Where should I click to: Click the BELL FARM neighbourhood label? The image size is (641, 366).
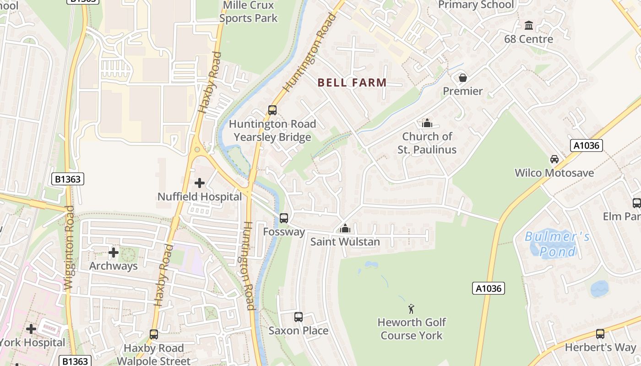tap(352, 83)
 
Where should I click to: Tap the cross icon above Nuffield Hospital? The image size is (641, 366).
tap(200, 183)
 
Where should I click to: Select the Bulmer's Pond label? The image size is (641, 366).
tap(557, 244)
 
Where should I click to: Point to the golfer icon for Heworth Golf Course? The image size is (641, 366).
tap(411, 309)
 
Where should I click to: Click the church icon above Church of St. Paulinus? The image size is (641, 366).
tap(427, 123)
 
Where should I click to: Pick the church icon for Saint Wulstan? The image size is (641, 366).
tap(345, 228)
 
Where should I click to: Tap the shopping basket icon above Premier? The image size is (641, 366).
tap(463, 78)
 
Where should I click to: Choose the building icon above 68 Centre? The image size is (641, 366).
tap(529, 25)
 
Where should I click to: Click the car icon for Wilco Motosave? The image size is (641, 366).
tap(554, 159)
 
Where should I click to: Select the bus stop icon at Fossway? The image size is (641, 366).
tap(284, 218)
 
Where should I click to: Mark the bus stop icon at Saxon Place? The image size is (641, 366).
tap(299, 317)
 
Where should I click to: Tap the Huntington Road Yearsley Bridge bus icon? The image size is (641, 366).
tap(272, 110)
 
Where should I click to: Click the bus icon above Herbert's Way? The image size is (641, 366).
tap(600, 334)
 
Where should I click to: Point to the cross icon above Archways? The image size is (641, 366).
tap(114, 252)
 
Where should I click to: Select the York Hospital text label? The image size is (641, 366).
tap(32, 343)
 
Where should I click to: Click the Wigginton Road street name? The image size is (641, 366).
tap(69, 248)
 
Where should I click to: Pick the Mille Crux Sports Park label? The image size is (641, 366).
tap(249, 12)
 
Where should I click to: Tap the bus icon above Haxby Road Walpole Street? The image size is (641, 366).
tap(154, 334)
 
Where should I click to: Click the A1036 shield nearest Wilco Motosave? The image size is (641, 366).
tap(586, 145)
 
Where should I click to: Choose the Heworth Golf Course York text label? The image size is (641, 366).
tap(412, 329)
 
